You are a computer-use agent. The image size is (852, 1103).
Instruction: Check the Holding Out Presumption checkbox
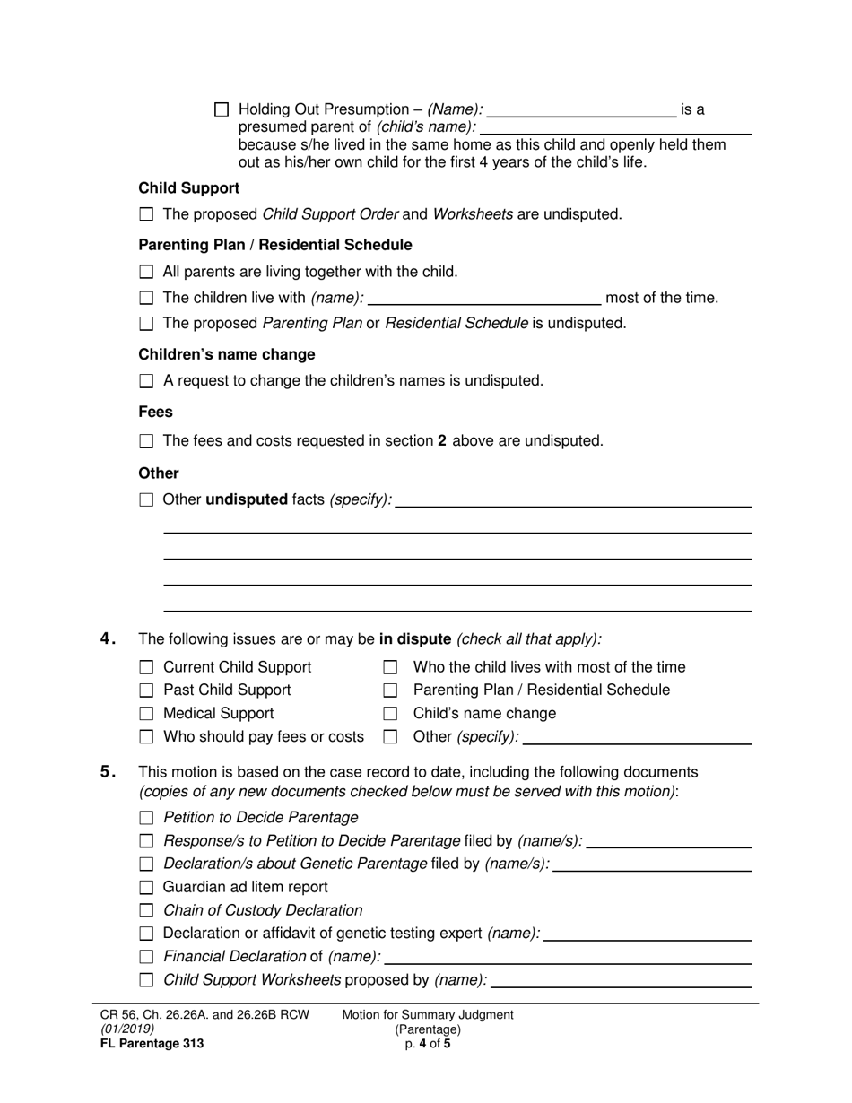pos(222,109)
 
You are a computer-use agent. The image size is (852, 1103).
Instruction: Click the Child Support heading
pos(188,188)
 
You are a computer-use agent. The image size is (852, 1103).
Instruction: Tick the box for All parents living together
pos(147,272)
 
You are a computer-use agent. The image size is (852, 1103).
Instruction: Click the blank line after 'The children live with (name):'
pos(484,299)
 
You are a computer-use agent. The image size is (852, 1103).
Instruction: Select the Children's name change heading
pos(226,354)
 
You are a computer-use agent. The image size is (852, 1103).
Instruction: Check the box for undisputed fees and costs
pos(147,441)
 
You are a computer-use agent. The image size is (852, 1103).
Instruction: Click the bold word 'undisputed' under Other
pos(247,499)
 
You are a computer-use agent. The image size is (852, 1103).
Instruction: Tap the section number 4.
pos(108,639)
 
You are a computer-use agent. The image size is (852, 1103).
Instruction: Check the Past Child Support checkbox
pos(147,690)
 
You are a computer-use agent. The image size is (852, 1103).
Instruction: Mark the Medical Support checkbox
pos(147,714)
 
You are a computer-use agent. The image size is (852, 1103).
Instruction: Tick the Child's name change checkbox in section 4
pos(390,714)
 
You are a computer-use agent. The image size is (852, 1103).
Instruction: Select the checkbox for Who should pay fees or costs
pos(147,737)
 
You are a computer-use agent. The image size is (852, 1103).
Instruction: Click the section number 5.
pos(108,772)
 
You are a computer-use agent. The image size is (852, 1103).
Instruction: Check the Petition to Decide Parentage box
pos(147,818)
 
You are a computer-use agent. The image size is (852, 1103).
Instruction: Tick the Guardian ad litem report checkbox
pos(147,888)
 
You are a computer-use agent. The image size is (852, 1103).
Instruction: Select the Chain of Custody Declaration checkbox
pos(147,911)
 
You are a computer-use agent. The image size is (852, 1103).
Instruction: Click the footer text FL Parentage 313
pos(152,1044)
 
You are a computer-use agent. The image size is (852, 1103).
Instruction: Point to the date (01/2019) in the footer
pos(126,1029)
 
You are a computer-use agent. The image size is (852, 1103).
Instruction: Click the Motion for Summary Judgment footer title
pos(428,1015)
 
